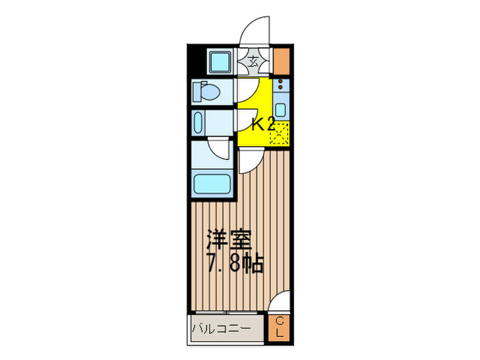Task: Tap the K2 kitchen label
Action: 263,125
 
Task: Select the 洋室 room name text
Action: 230,240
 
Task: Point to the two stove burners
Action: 280,87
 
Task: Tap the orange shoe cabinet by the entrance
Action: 282,62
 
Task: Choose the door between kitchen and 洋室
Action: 248,159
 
